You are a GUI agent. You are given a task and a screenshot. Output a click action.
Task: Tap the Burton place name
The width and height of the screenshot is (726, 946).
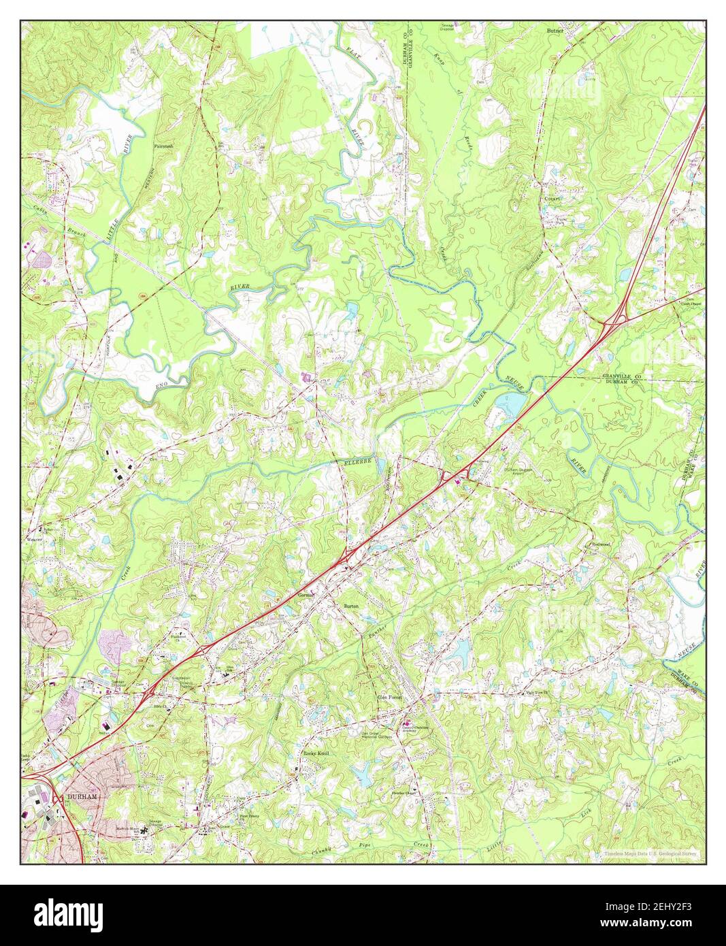350,605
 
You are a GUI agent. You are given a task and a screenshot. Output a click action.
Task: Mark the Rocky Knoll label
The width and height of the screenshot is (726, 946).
316,754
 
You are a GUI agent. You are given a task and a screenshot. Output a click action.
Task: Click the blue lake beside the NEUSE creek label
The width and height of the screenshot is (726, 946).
511,406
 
